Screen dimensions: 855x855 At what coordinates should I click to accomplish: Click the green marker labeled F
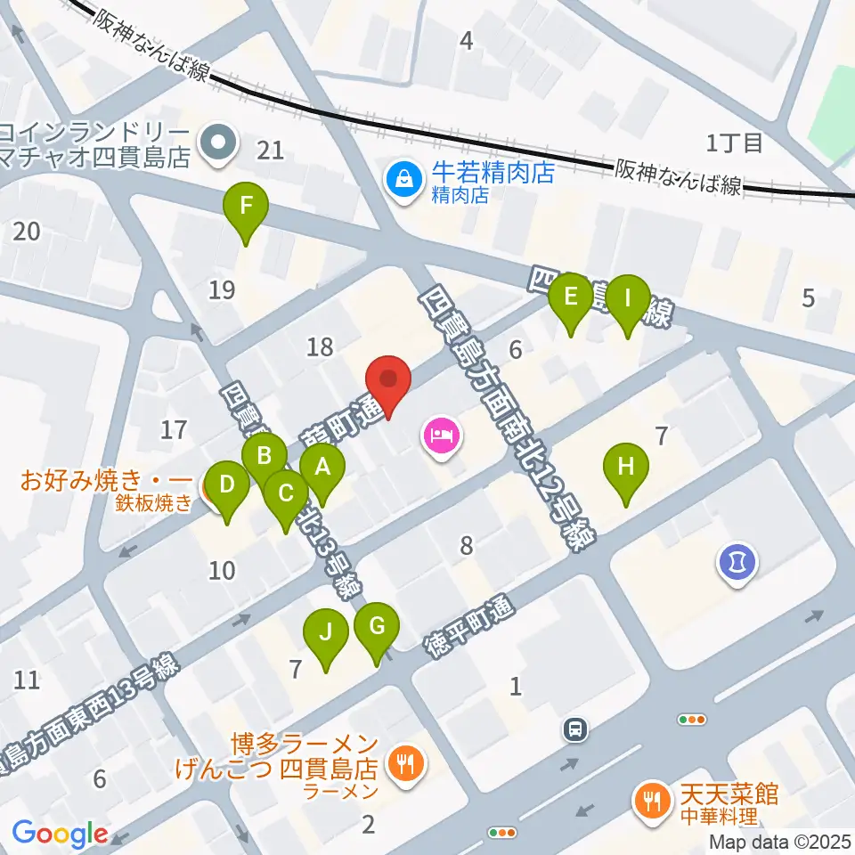coord(247,212)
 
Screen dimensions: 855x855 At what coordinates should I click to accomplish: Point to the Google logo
coord(59,835)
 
